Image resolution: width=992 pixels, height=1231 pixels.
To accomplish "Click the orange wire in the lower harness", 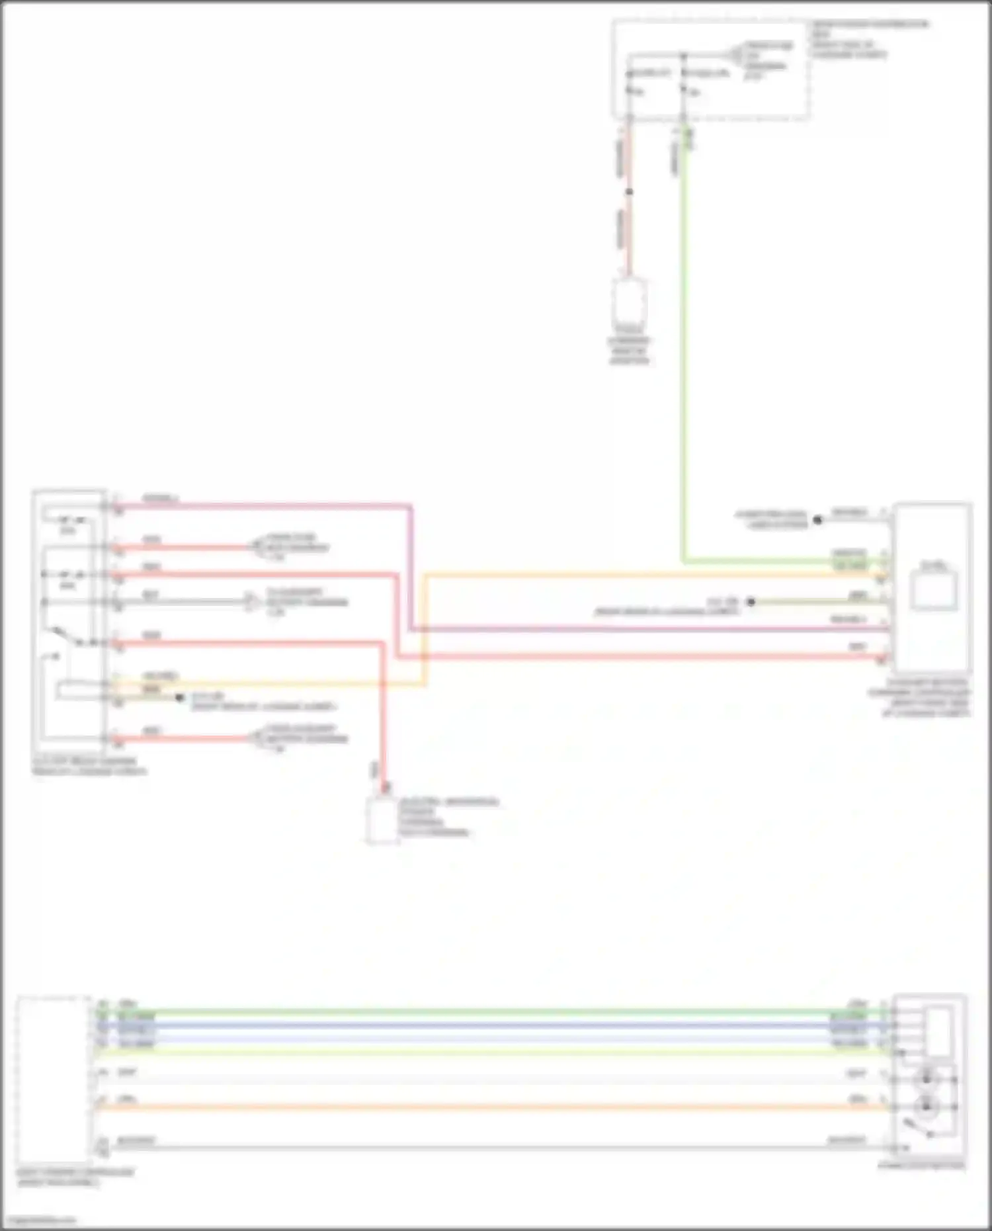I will coord(489,1107).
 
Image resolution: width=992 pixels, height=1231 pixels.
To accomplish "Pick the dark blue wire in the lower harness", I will coord(489,1025).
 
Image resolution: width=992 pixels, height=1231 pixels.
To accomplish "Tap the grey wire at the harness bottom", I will coord(489,1147).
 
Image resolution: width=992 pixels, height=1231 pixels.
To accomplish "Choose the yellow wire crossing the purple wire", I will coord(425,628).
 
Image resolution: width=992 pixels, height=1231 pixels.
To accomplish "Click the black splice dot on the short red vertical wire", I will coord(629,192).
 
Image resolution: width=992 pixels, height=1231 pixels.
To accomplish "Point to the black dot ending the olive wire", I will coord(751,602).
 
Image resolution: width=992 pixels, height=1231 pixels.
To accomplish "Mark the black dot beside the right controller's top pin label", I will coord(817,520).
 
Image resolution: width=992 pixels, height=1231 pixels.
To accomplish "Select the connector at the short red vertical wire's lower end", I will coord(629,302).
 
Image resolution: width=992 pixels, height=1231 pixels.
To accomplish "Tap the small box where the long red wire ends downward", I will coord(382,821).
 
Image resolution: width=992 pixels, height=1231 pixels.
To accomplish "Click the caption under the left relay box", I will coord(89,766).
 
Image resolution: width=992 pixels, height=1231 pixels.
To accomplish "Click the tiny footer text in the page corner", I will coord(38,1220).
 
